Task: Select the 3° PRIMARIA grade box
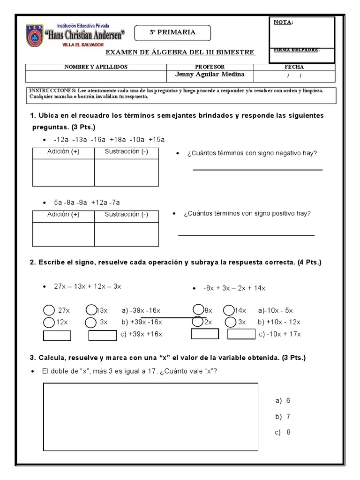point(172,33)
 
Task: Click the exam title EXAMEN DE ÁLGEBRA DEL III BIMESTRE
point(180,52)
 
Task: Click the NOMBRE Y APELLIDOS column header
point(96,67)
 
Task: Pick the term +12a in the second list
point(99,202)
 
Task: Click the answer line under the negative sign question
point(257,170)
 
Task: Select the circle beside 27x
point(49,310)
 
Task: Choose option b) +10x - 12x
point(279,322)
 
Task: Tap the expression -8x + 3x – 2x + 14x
point(240,288)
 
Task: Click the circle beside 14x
point(229,310)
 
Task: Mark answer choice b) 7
point(283,416)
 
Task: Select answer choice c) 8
point(283,432)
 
